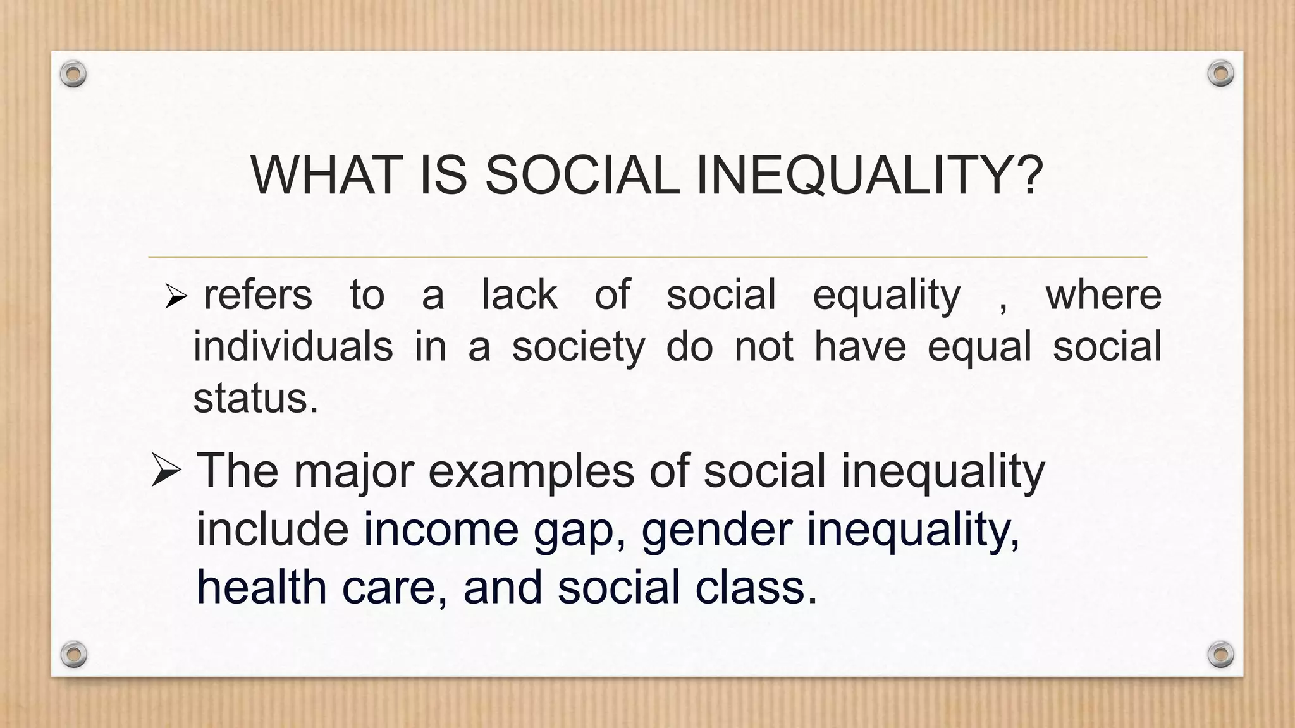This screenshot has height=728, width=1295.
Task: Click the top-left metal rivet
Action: click(73, 75)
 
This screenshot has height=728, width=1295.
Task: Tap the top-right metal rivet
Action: click(1220, 74)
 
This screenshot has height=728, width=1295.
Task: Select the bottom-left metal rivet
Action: click(73, 654)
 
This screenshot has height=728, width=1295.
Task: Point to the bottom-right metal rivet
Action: click(1220, 654)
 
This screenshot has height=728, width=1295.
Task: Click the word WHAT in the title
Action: click(326, 175)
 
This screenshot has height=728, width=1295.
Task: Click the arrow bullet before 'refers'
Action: click(175, 296)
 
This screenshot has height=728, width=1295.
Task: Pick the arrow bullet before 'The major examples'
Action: click(166, 471)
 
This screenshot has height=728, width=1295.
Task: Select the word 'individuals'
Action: click(293, 346)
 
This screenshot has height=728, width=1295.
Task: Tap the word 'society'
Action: click(578, 348)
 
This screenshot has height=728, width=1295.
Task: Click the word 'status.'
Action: click(255, 399)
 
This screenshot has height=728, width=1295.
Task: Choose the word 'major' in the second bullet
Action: click(354, 471)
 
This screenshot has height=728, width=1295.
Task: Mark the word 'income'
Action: click(441, 529)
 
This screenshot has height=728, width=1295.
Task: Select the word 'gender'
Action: click(716, 530)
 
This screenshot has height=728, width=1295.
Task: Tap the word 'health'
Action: click(261, 586)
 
